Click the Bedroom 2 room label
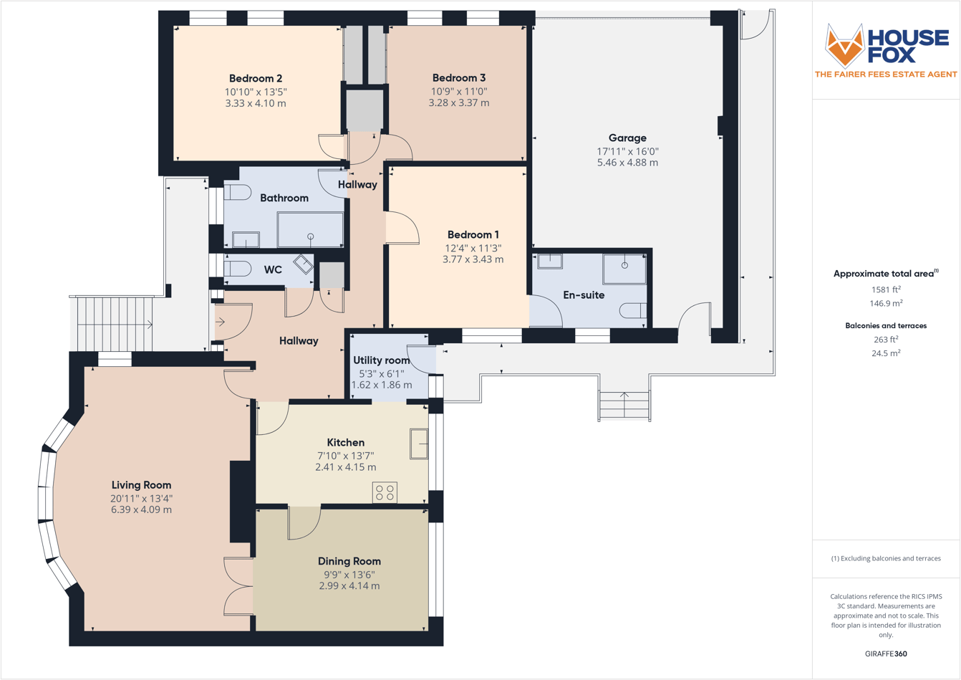(x=255, y=79)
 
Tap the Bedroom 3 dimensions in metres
(x=458, y=103)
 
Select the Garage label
(x=627, y=138)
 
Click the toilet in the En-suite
(x=633, y=311)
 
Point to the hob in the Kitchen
(x=385, y=492)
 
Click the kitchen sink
(x=419, y=444)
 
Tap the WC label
(x=273, y=270)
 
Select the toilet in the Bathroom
(x=237, y=192)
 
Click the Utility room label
(x=382, y=360)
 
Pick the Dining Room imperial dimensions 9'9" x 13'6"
(x=349, y=574)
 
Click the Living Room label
(x=141, y=485)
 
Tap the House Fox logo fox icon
(x=845, y=44)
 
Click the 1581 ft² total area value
(x=886, y=289)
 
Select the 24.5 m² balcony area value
(x=886, y=353)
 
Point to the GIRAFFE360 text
(x=886, y=653)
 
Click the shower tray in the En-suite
(x=624, y=269)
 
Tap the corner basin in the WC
(x=304, y=264)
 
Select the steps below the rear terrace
(x=624, y=406)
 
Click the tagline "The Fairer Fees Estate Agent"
(x=886, y=75)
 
